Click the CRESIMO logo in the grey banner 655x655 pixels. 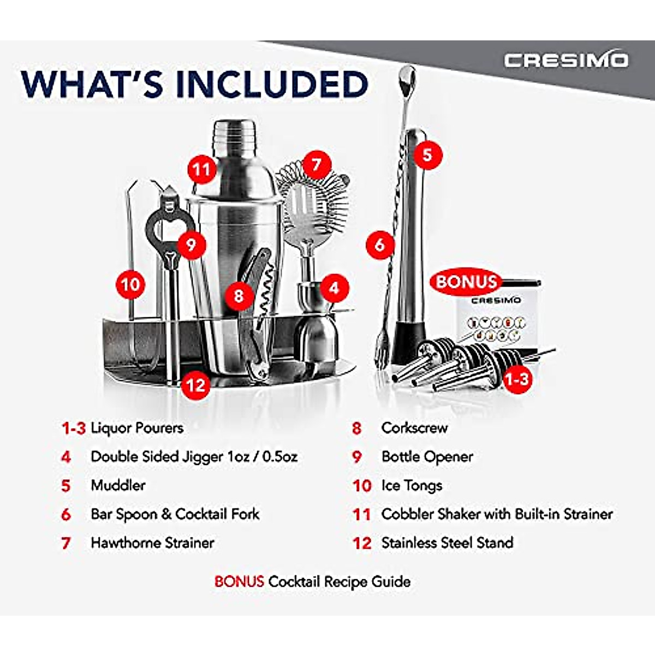click(x=565, y=60)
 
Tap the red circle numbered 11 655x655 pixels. click(x=201, y=170)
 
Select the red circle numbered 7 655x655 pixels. click(x=317, y=164)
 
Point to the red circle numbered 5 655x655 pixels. click(x=427, y=154)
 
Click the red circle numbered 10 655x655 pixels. click(x=130, y=284)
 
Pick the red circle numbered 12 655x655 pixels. click(x=195, y=385)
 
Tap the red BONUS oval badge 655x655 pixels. click(x=466, y=282)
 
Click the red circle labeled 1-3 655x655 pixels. click(x=516, y=378)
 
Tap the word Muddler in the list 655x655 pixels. click(x=118, y=485)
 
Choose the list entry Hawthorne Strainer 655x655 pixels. click(x=152, y=543)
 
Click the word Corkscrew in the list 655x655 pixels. click(x=414, y=428)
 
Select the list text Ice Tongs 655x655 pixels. click(x=412, y=485)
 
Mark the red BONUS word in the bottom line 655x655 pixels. click(x=239, y=581)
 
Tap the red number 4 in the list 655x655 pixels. click(x=66, y=457)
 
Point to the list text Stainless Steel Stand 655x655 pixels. click(x=447, y=543)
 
